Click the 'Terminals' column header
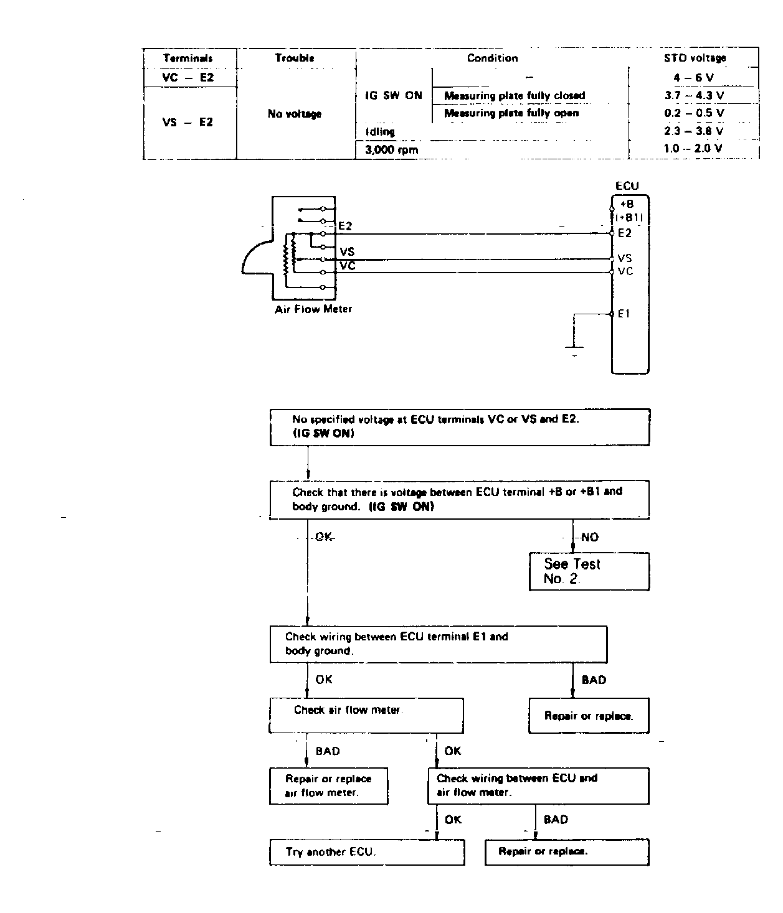tap(187, 59)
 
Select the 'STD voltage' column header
tap(695, 58)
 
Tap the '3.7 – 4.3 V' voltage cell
tap(694, 95)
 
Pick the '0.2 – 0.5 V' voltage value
tap(694, 113)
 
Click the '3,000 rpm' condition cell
tap(391, 150)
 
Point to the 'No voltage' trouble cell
tap(295, 114)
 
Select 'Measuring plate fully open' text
tap(511, 113)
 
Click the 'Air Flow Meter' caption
tap(313, 309)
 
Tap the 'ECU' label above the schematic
tap(627, 186)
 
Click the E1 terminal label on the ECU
tap(624, 314)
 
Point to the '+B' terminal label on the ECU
tap(627, 204)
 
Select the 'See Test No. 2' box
tap(589, 571)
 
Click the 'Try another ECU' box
tap(367, 852)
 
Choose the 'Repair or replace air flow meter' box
tap(328, 786)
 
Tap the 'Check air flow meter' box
tap(366, 715)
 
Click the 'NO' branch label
tap(590, 537)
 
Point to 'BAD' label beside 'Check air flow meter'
tap(328, 751)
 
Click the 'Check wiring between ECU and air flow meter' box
tap(538, 786)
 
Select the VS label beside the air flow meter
tap(347, 251)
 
